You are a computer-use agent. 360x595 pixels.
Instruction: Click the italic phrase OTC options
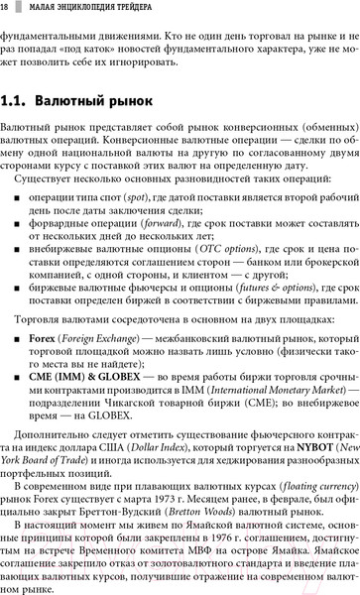pos(219,252)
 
